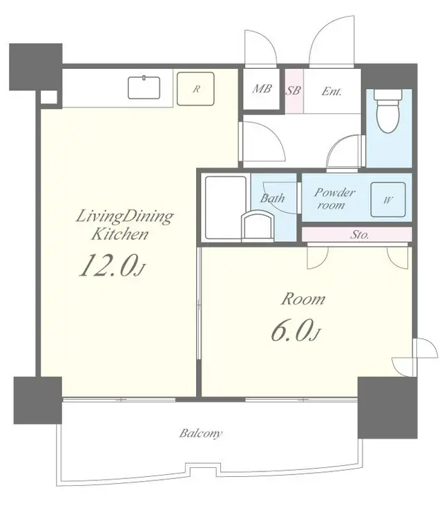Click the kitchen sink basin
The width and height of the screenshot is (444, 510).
144,87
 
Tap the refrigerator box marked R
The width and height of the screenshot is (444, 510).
195,88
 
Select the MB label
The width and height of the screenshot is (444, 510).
262,88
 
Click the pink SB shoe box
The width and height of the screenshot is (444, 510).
294,91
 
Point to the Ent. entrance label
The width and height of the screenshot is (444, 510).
331,92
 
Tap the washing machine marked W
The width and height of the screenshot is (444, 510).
388,199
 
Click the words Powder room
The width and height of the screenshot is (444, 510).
334,198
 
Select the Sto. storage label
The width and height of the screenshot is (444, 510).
360,234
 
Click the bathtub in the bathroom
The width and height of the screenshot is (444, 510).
225,207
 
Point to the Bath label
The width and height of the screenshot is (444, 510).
272,198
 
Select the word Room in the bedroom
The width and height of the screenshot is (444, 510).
303,299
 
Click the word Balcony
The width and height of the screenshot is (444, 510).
201,433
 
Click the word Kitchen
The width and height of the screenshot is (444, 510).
119,234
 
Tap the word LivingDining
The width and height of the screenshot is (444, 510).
124,217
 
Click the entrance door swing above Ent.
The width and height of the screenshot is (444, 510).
331,41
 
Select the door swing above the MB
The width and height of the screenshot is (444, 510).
261,49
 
